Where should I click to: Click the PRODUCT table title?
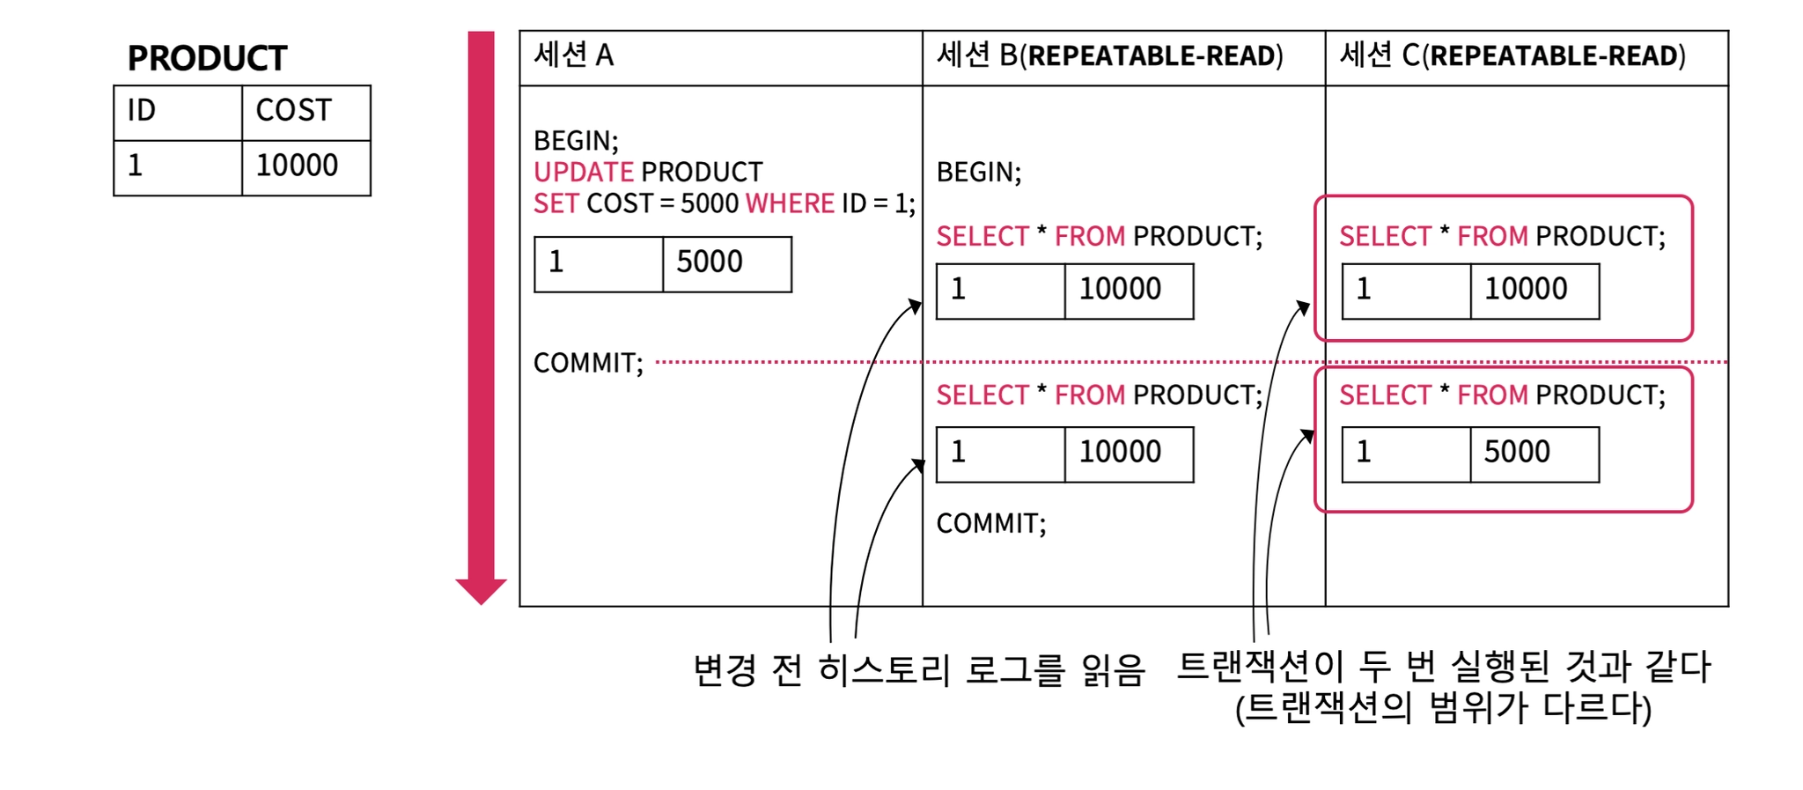point(207,58)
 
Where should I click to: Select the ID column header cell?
point(177,112)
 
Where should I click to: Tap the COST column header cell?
point(305,112)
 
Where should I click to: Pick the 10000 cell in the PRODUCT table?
point(305,166)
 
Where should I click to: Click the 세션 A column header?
point(573,56)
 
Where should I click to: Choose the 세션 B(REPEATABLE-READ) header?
point(1109,56)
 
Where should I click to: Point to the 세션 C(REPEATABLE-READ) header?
point(1512,56)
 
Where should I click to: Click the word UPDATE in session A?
point(583,172)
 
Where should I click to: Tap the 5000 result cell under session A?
point(726,262)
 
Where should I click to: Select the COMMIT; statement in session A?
point(588,363)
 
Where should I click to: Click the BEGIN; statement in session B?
point(979,172)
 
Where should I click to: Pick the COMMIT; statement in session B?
point(991,523)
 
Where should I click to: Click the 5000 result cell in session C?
point(1534,453)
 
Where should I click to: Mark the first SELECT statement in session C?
point(1502,236)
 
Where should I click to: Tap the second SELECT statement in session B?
point(1099,395)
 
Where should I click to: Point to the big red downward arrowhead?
point(481,591)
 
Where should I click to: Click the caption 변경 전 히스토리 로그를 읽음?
point(919,670)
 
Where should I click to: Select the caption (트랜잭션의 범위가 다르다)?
point(1443,708)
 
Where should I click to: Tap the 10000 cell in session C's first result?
point(1534,290)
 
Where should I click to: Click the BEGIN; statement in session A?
point(576,141)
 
